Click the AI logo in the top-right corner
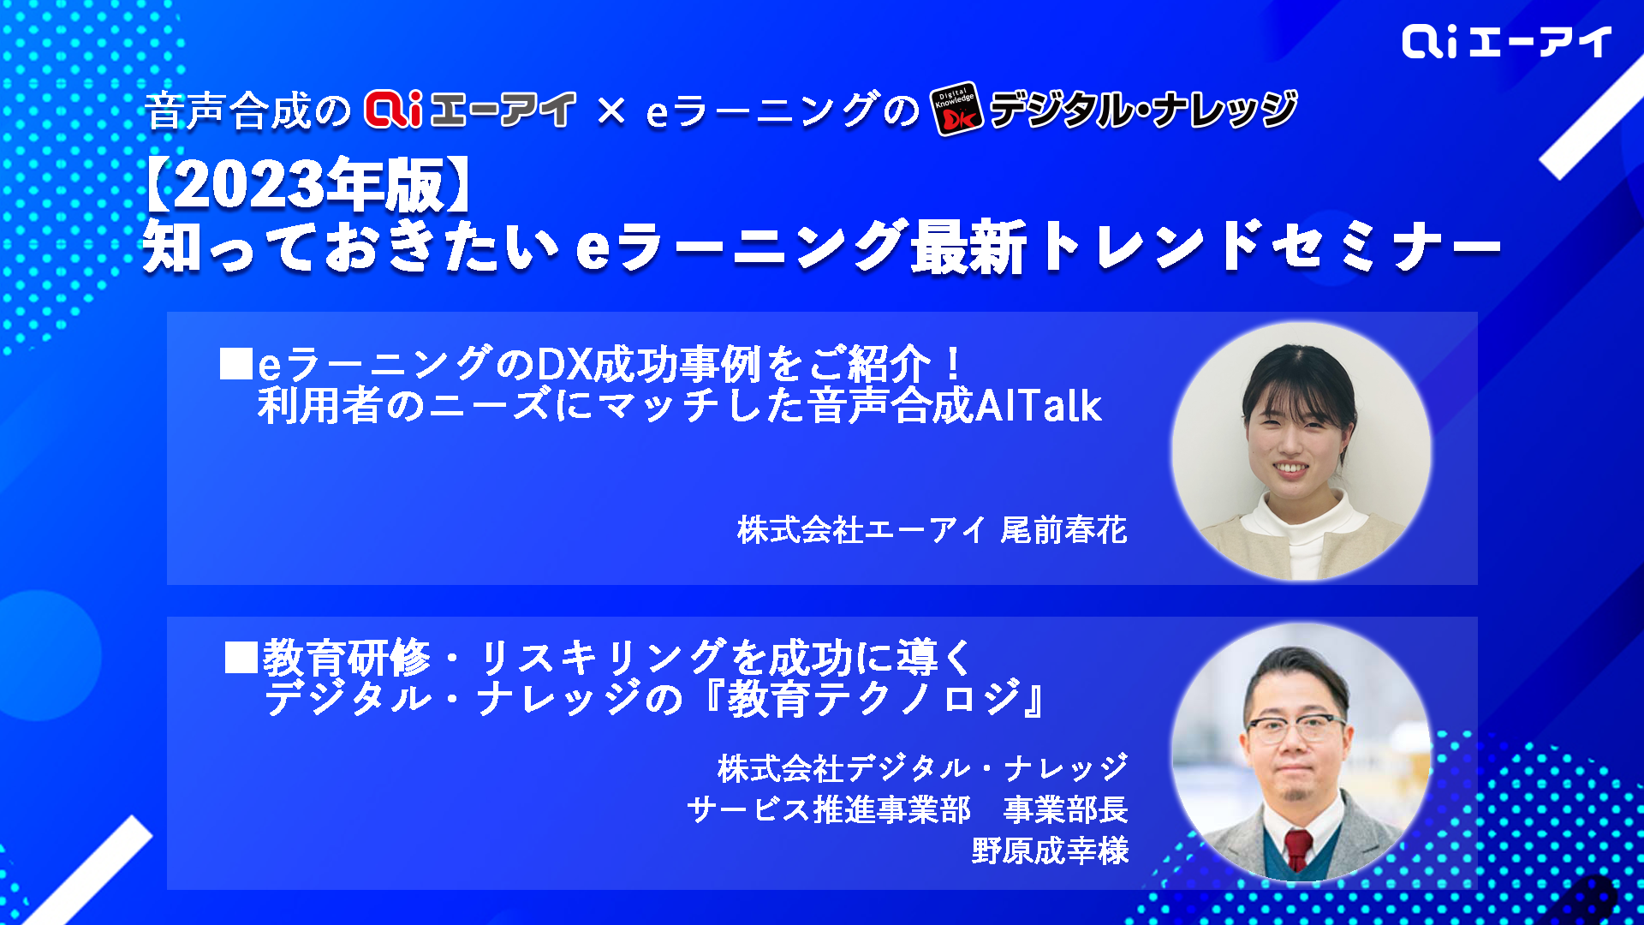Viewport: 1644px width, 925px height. pyautogui.click(x=1506, y=41)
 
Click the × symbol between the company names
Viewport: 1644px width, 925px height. pyautogui.click(x=611, y=110)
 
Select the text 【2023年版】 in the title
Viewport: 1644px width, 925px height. pyautogui.click(x=307, y=185)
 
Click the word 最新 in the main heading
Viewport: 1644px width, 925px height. pyautogui.click(x=968, y=247)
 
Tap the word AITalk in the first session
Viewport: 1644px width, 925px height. pyautogui.click(x=1039, y=406)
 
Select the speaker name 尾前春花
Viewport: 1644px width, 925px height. pyautogui.click(x=1063, y=530)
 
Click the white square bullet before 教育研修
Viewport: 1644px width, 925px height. pyautogui.click(x=241, y=657)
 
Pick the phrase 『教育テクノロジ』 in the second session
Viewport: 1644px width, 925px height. pyautogui.click(x=875, y=699)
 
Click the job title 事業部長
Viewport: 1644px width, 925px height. pyautogui.click(x=1066, y=809)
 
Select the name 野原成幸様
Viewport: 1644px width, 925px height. pyautogui.click(x=1051, y=850)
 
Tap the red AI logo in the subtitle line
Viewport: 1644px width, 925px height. pyautogui.click(x=393, y=110)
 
